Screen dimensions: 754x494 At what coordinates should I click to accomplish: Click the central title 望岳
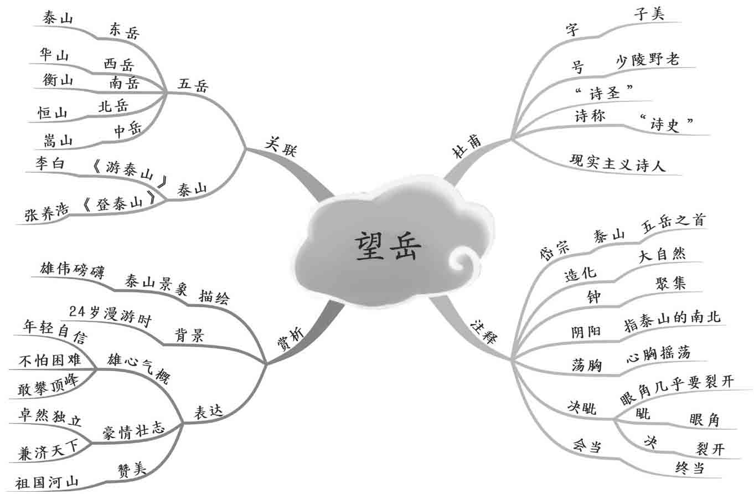[x=387, y=246]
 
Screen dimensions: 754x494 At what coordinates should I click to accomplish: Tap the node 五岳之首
[x=673, y=223]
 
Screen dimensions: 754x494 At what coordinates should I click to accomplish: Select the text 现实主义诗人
[x=618, y=163]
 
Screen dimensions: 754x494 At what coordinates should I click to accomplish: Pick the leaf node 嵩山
[x=58, y=141]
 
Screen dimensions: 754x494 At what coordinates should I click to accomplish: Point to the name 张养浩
[x=47, y=214]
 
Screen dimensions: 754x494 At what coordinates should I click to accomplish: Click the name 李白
[x=50, y=163]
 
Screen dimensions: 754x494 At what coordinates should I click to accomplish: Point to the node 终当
[x=690, y=469]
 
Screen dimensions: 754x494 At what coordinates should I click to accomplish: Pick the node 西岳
[x=118, y=64]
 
